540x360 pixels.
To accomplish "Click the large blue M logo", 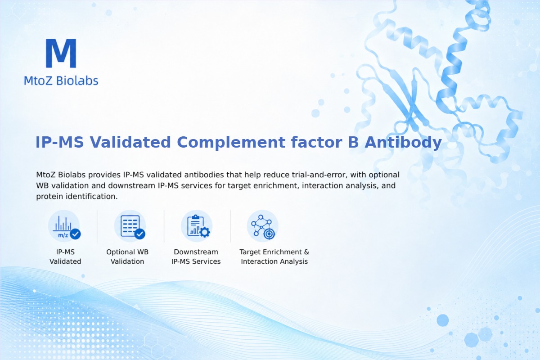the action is point(61,53).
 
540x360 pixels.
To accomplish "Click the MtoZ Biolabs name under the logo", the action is point(61,81).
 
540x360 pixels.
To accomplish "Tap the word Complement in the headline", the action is point(231,142).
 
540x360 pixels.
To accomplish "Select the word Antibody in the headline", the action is point(403,142).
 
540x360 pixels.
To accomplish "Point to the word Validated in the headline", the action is point(130,142).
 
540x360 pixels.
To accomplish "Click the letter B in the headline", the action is point(353,142).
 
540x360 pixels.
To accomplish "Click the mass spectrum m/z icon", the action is point(64,226).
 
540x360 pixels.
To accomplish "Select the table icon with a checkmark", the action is point(130,226).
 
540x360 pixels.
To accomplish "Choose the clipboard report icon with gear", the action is point(197,226).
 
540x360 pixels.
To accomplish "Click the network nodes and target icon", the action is point(262,226).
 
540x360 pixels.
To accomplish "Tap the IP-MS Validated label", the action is point(65,256).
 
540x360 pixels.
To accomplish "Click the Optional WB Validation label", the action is point(127,256).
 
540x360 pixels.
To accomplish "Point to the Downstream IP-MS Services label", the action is point(196,256).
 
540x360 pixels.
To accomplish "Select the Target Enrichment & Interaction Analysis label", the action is point(274,256).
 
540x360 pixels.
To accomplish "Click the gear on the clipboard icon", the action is point(205,232).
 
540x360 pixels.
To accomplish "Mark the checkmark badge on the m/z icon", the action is point(76,234).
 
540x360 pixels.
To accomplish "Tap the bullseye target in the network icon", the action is point(269,234).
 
